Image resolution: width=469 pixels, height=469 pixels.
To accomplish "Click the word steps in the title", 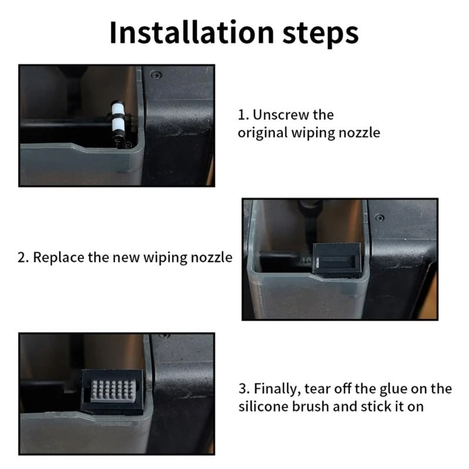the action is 320,34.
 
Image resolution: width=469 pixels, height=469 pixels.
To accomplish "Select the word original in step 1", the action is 263,133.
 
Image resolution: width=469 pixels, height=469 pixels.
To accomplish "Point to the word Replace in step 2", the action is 58,257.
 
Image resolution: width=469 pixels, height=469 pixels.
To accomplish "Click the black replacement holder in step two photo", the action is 337,260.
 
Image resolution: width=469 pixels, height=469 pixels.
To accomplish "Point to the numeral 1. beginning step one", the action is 243,115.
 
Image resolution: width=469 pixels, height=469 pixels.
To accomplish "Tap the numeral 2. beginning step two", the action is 23,258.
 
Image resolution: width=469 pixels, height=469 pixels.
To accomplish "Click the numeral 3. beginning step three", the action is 244,389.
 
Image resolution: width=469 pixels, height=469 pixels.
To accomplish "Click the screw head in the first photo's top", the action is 155,75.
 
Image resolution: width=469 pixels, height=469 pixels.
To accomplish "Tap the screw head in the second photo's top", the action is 379,217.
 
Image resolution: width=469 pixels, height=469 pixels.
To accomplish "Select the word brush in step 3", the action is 311,407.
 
